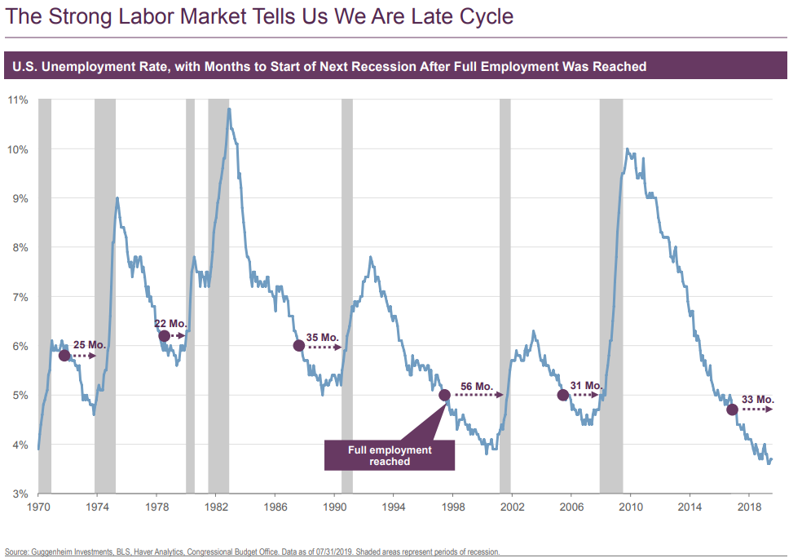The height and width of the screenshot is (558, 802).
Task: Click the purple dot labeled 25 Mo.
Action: point(64,356)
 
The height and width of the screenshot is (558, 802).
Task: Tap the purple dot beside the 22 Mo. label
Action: point(164,336)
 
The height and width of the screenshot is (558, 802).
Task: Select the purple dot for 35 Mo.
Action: point(298,345)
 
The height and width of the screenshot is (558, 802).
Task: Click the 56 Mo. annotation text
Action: point(477,386)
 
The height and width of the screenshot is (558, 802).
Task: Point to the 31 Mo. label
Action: point(586,386)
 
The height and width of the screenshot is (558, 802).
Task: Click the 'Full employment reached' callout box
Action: point(390,455)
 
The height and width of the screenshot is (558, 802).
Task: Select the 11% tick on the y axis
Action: point(18,100)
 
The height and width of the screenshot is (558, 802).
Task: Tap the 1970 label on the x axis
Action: point(37,507)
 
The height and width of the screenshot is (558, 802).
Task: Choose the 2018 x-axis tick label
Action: point(750,507)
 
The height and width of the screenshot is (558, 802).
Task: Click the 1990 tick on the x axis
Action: point(334,507)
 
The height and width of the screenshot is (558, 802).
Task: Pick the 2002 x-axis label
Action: point(512,507)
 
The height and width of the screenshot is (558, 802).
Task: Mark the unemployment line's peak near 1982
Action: point(229,108)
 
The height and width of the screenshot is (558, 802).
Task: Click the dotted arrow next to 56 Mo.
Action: point(479,395)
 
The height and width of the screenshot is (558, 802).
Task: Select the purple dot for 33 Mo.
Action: point(732,410)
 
